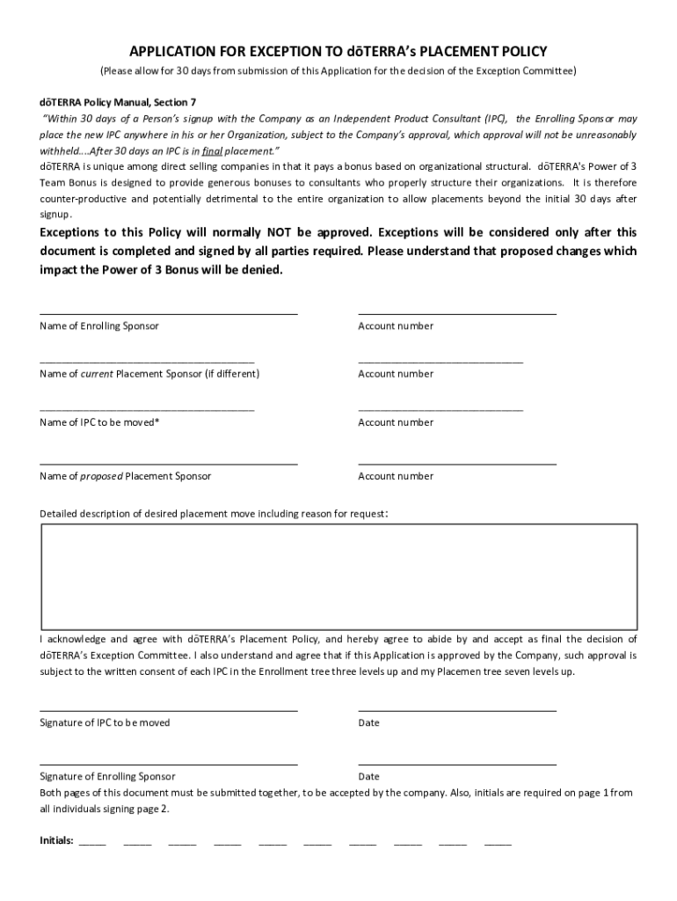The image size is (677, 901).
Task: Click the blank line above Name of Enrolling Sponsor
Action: [168, 312]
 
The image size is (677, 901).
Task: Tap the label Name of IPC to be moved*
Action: [100, 422]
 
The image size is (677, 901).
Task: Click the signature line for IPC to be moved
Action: [168, 708]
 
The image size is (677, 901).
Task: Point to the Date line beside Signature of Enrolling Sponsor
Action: [457, 763]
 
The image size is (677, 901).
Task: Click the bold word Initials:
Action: [57, 840]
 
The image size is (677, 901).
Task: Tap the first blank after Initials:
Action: [92, 843]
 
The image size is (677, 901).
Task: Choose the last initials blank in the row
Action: [498, 843]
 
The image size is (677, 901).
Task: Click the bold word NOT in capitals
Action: [275, 233]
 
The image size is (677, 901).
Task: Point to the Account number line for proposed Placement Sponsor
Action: [457, 462]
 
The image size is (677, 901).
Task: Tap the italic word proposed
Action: [101, 476]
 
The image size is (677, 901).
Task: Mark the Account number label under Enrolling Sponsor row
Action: [396, 326]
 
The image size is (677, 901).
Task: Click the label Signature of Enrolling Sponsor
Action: [107, 777]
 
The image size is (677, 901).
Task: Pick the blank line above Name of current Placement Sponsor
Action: [147, 361]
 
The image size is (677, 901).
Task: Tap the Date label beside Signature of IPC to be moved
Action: [369, 723]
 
